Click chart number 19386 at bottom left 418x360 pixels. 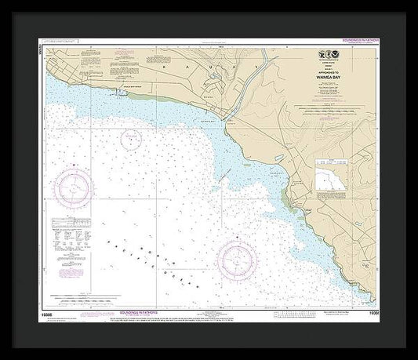coord(52,311)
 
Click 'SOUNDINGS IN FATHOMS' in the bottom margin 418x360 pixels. coord(134,311)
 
